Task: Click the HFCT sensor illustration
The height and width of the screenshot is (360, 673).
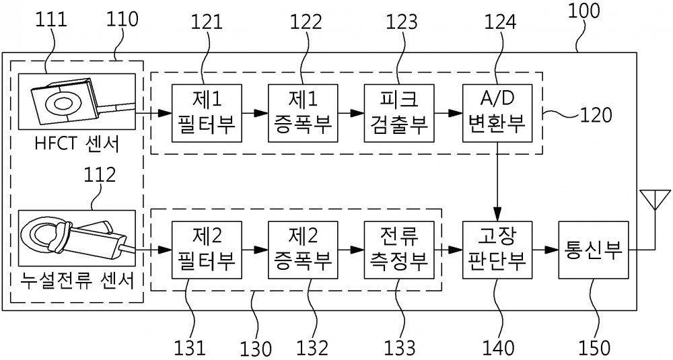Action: pyautogui.click(x=77, y=101)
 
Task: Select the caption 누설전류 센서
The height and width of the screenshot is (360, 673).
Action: pyautogui.click(x=77, y=281)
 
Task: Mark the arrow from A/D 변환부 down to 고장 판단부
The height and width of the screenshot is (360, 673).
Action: pyautogui.click(x=497, y=182)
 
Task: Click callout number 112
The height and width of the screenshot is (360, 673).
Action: pyautogui.click(x=100, y=175)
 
